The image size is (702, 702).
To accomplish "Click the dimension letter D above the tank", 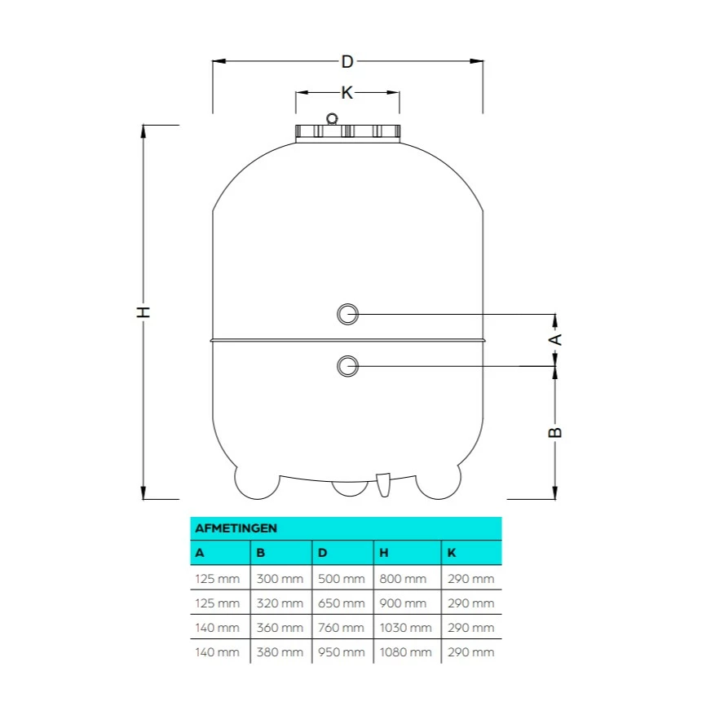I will point(347,61).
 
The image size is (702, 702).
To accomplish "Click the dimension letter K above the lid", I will point(347,93).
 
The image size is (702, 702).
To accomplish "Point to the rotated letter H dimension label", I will point(143,312).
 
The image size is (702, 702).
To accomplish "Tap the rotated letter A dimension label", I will point(554,339).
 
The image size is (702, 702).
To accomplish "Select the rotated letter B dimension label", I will point(554,432).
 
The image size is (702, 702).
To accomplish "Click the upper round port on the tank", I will point(347,313).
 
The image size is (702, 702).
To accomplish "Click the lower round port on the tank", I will point(347,366).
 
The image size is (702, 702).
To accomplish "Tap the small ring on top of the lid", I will point(332,119).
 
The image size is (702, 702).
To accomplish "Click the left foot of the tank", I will point(257,482).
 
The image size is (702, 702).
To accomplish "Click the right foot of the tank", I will point(438,482).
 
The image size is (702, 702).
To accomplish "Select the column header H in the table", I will point(384,553).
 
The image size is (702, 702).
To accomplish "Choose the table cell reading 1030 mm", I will point(405,627).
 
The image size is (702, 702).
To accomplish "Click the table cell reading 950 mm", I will point(341,651).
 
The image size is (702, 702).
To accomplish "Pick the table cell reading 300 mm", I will point(280,579).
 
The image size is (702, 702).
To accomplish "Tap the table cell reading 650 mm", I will point(341,603).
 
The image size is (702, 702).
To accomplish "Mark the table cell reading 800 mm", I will point(403,579).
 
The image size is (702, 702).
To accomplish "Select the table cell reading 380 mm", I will point(280,651).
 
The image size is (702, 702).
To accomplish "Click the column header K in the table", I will point(452,553).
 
